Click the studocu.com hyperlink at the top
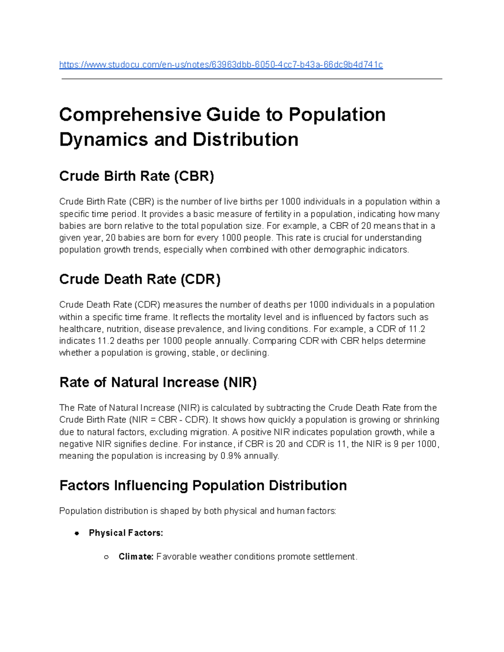[x=221, y=65]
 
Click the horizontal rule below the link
[x=252, y=79]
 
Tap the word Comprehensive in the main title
[x=130, y=115]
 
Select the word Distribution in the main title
[x=245, y=139]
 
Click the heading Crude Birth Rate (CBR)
[x=136, y=176]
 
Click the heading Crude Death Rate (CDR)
[x=140, y=279]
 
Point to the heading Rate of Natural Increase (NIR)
[x=158, y=382]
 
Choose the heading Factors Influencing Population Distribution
[x=203, y=485]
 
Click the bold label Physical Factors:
[x=126, y=533]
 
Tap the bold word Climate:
[x=136, y=557]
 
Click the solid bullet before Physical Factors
[x=76, y=533]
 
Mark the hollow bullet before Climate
[x=106, y=557]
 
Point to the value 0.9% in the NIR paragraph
[x=231, y=456]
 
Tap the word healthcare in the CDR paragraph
[x=80, y=329]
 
